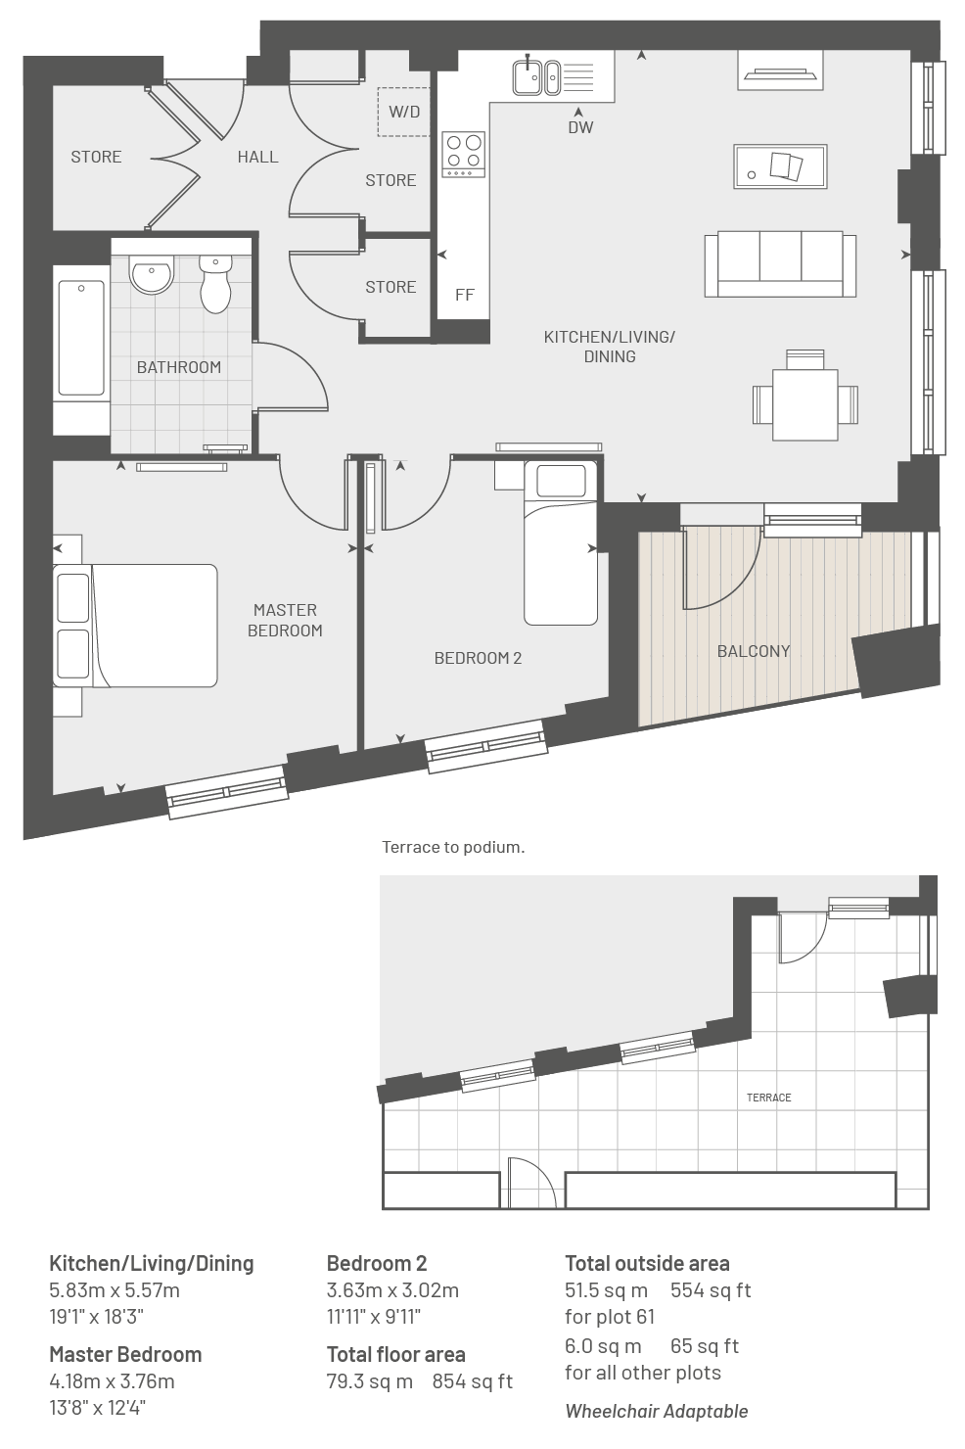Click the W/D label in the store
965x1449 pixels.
404,112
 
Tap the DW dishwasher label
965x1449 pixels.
580,127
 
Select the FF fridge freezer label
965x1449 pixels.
464,295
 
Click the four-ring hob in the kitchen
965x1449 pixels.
463,154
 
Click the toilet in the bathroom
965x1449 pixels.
215,283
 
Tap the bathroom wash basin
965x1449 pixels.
152,273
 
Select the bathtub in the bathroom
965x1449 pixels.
81,338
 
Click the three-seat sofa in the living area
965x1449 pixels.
780,264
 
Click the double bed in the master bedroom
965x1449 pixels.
135,626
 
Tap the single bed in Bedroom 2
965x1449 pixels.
560,542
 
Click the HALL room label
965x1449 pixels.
257,157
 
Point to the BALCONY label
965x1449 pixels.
754,651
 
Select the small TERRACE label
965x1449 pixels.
768,1098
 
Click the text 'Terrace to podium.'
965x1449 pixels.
453,848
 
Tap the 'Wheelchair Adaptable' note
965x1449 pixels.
657,1411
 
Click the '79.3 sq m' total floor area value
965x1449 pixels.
369,1381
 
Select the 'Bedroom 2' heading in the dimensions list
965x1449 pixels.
377,1263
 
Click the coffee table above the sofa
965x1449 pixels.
780,166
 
